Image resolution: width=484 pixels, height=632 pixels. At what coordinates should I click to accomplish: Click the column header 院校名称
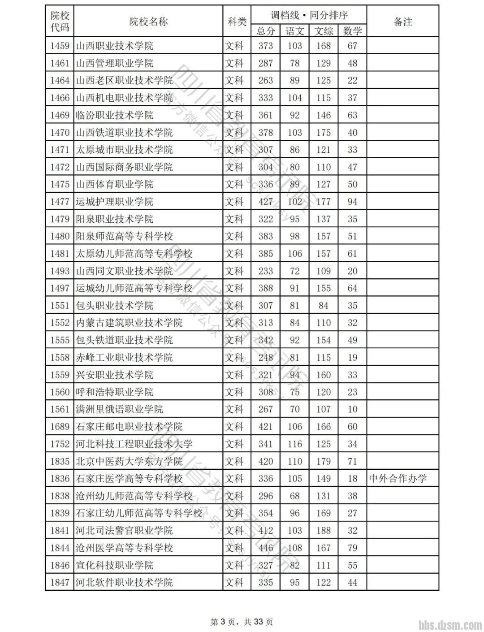148,22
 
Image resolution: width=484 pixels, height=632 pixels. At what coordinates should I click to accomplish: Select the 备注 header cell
402,22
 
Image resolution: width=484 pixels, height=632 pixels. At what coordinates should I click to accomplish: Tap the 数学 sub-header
352,31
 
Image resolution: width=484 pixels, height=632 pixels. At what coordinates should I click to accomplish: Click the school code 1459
60,46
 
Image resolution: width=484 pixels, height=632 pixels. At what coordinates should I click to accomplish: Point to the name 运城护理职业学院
114,202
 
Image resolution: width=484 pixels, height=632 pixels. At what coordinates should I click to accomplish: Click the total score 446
265,548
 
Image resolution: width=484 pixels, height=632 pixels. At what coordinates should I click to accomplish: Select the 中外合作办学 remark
398,479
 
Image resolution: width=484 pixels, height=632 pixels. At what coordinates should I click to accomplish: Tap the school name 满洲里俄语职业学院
119,409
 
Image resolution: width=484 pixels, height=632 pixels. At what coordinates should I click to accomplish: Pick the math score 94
352,202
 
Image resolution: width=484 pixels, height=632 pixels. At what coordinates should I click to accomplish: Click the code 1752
60,444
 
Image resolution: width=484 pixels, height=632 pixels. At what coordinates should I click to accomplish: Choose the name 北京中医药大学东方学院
129,461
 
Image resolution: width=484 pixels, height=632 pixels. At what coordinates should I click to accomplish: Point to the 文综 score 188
323,531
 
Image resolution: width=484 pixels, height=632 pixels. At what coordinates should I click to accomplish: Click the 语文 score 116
294,444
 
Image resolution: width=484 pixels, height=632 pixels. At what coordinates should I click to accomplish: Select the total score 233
265,271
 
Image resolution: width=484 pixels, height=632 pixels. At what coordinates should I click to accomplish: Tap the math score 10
352,409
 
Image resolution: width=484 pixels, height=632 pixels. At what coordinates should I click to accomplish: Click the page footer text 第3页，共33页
242,622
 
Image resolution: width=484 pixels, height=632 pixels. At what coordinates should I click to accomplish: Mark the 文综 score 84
323,306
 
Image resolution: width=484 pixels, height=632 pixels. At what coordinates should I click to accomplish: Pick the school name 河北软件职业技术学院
124,583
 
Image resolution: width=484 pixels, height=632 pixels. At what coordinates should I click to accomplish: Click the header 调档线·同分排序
309,15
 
